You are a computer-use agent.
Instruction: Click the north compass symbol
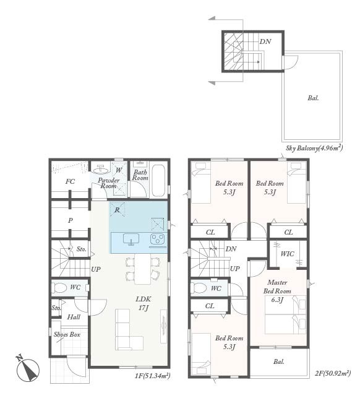[28, 370]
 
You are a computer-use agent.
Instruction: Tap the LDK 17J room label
[144, 303]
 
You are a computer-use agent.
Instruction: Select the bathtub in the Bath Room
[159, 180]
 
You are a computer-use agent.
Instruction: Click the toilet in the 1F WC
[59, 288]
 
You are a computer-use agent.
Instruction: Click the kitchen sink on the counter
[131, 240]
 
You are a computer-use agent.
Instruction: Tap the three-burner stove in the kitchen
[158, 239]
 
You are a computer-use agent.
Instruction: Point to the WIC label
[288, 254]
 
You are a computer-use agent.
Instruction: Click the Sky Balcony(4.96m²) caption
[314, 148]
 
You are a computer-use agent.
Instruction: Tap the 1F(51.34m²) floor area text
[152, 376]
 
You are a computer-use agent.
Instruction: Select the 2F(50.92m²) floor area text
[333, 373]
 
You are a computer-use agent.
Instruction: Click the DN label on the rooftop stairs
[265, 41]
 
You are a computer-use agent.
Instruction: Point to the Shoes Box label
[67, 334]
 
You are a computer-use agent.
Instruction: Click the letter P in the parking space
[71, 220]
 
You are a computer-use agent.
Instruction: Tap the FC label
[70, 181]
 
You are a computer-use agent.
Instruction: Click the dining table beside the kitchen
[143, 269]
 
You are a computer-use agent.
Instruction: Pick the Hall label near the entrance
[74, 317]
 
